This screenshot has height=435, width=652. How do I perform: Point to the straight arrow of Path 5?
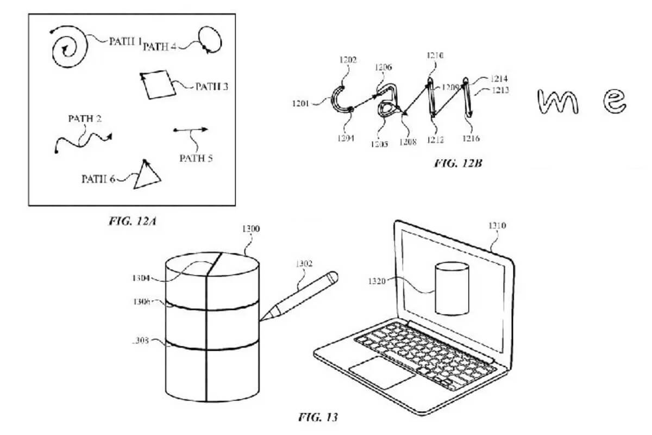[191, 130]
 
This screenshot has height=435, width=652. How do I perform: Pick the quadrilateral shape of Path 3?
[156, 84]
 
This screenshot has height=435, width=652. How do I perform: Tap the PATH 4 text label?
[160, 47]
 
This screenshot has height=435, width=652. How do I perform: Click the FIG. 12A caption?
[130, 221]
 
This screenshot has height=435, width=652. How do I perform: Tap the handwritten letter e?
[616, 101]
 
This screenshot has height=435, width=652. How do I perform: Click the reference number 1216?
[471, 139]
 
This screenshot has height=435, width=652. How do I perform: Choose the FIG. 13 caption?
[318, 418]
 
